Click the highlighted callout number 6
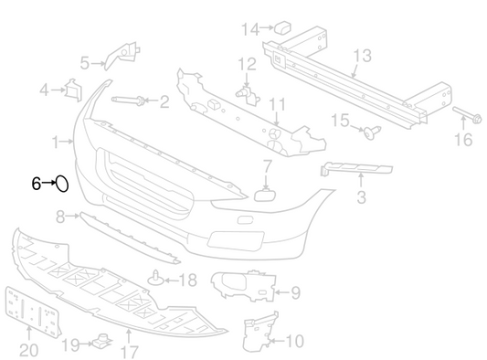(37, 184)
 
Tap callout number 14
(250, 29)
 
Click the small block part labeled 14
(282, 27)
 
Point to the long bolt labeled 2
(127, 100)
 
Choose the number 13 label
(363, 56)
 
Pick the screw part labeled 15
(372, 132)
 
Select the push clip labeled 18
(156, 279)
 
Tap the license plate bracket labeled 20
(32, 311)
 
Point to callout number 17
(129, 352)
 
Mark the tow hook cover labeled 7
(264, 195)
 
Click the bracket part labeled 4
(73, 90)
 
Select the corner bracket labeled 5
(122, 56)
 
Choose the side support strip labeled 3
(356, 168)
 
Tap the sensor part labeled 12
(248, 95)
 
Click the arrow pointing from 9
(282, 292)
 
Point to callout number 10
(294, 341)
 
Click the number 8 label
(60, 217)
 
